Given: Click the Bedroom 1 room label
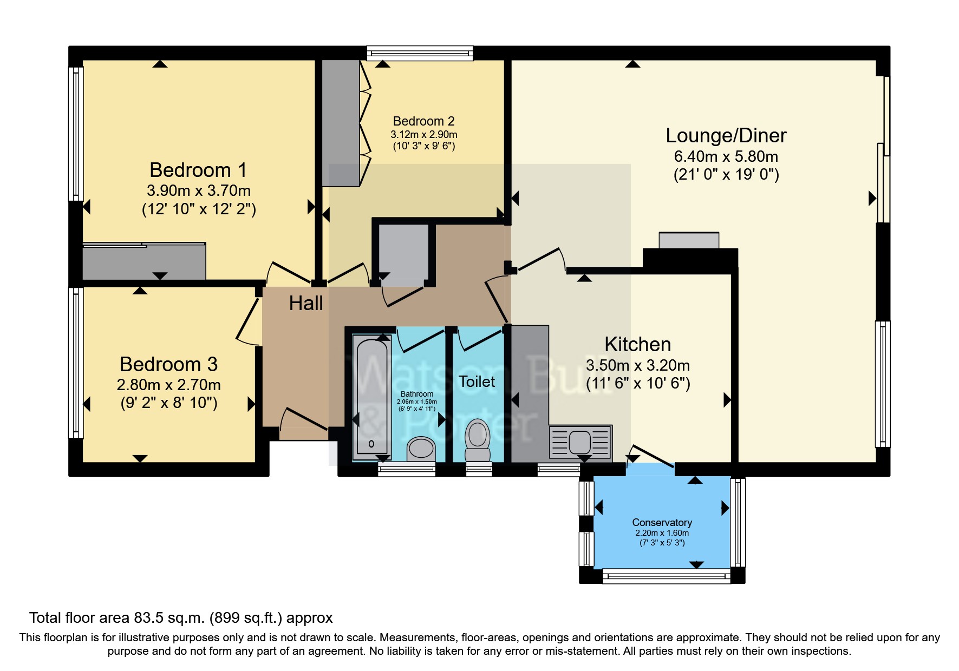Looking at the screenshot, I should [x=198, y=170].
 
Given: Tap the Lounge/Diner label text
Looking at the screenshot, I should [x=726, y=135].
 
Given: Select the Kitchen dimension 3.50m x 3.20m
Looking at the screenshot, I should [x=637, y=365].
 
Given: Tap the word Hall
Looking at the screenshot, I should [x=306, y=303].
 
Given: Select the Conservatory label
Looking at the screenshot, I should [x=662, y=522].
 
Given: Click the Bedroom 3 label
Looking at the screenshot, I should [x=168, y=364].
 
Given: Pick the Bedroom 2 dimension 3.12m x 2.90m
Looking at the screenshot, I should [x=424, y=134].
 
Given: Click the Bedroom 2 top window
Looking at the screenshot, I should [x=420, y=53].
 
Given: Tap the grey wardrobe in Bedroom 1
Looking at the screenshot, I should [x=143, y=262].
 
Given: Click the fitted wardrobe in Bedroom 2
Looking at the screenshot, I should [x=341, y=123].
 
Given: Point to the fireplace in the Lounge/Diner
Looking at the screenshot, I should [x=689, y=241].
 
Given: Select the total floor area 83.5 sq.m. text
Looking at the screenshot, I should [x=181, y=618].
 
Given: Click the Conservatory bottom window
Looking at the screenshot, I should [x=666, y=577].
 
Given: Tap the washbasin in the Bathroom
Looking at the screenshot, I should [x=421, y=449].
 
